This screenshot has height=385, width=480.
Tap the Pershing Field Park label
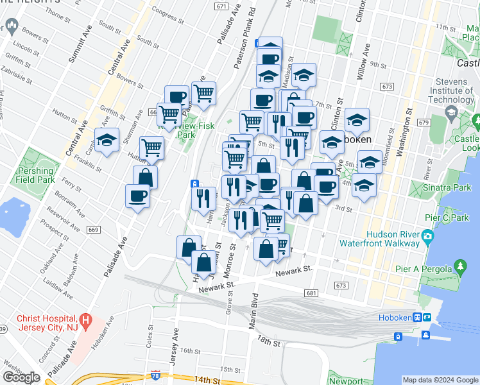point(36,176)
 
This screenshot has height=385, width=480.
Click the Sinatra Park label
point(438,188)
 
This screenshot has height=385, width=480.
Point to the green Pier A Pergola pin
point(459,266)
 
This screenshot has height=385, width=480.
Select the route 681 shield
point(312,293)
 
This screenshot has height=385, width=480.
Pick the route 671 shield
point(221,6)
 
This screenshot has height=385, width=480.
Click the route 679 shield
point(422,122)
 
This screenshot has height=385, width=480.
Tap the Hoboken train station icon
point(416,318)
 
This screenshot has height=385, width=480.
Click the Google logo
point(21,377)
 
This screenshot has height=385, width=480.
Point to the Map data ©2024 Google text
point(440,380)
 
